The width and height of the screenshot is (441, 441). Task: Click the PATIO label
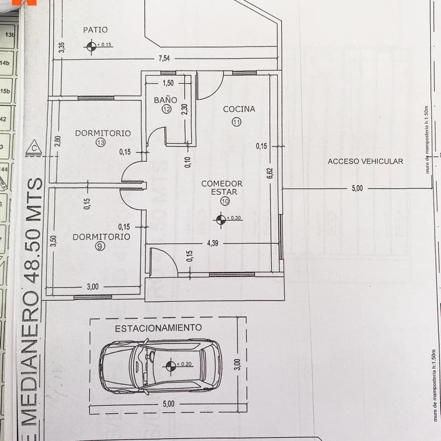(95, 30)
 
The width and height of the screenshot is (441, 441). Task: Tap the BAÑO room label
(165, 100)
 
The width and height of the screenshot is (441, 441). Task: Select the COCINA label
(239, 109)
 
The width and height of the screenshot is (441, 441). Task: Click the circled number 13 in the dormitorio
(101, 142)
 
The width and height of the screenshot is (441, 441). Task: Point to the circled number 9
(101, 246)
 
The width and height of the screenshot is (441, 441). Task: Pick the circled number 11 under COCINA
(237, 121)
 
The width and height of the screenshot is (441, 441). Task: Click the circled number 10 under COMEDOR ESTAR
(224, 201)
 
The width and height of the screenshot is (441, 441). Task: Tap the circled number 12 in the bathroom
(167, 109)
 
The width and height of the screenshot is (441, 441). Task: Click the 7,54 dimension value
(164, 59)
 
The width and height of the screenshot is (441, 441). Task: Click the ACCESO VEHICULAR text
(365, 161)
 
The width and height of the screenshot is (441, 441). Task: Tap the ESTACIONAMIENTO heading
(158, 328)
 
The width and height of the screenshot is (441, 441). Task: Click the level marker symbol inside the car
(171, 365)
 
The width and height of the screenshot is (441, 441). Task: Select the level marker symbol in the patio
(90, 47)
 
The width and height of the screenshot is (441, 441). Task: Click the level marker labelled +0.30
(220, 218)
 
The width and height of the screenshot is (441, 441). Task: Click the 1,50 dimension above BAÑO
(168, 83)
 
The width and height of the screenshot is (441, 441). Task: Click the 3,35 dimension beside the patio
(62, 47)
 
